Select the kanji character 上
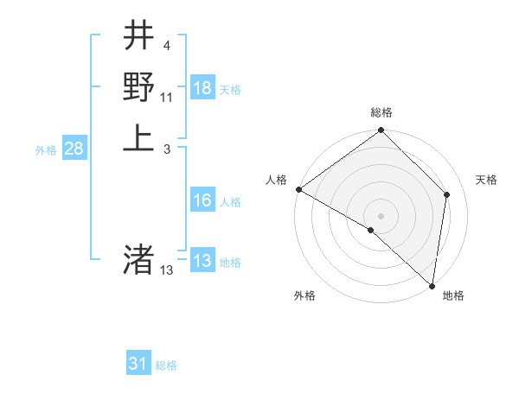click(x=139, y=137)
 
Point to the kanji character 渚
click(x=139, y=258)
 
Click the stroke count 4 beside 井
click(x=166, y=46)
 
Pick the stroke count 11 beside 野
click(x=167, y=97)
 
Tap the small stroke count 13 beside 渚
click(x=167, y=270)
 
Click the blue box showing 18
click(x=202, y=88)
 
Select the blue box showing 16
click(x=202, y=201)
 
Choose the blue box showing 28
click(x=74, y=149)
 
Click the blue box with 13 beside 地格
click(x=202, y=262)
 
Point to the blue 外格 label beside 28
click(x=46, y=149)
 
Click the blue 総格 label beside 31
click(x=166, y=365)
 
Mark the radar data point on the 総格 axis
click(x=381, y=131)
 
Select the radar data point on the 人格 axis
click(x=298, y=189)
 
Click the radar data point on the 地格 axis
click(x=432, y=285)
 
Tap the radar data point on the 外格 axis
click(x=371, y=230)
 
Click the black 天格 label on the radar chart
click(x=486, y=180)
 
